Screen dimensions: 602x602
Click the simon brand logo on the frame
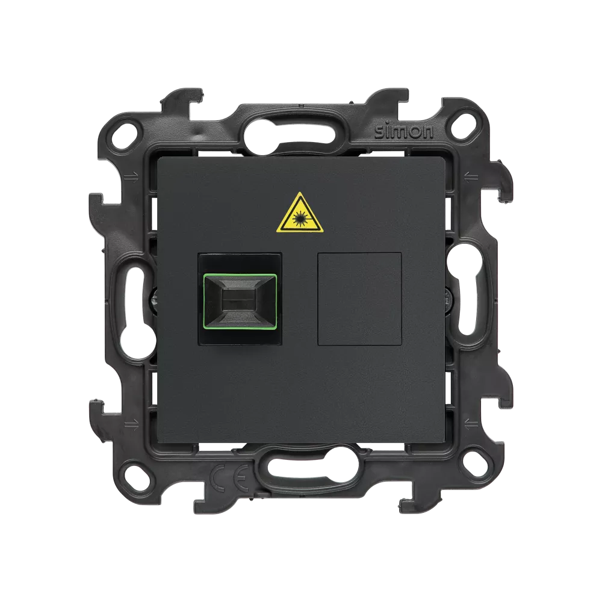tap(403, 132)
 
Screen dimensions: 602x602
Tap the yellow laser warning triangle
tap(300, 214)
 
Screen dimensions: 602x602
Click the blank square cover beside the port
tap(360, 299)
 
